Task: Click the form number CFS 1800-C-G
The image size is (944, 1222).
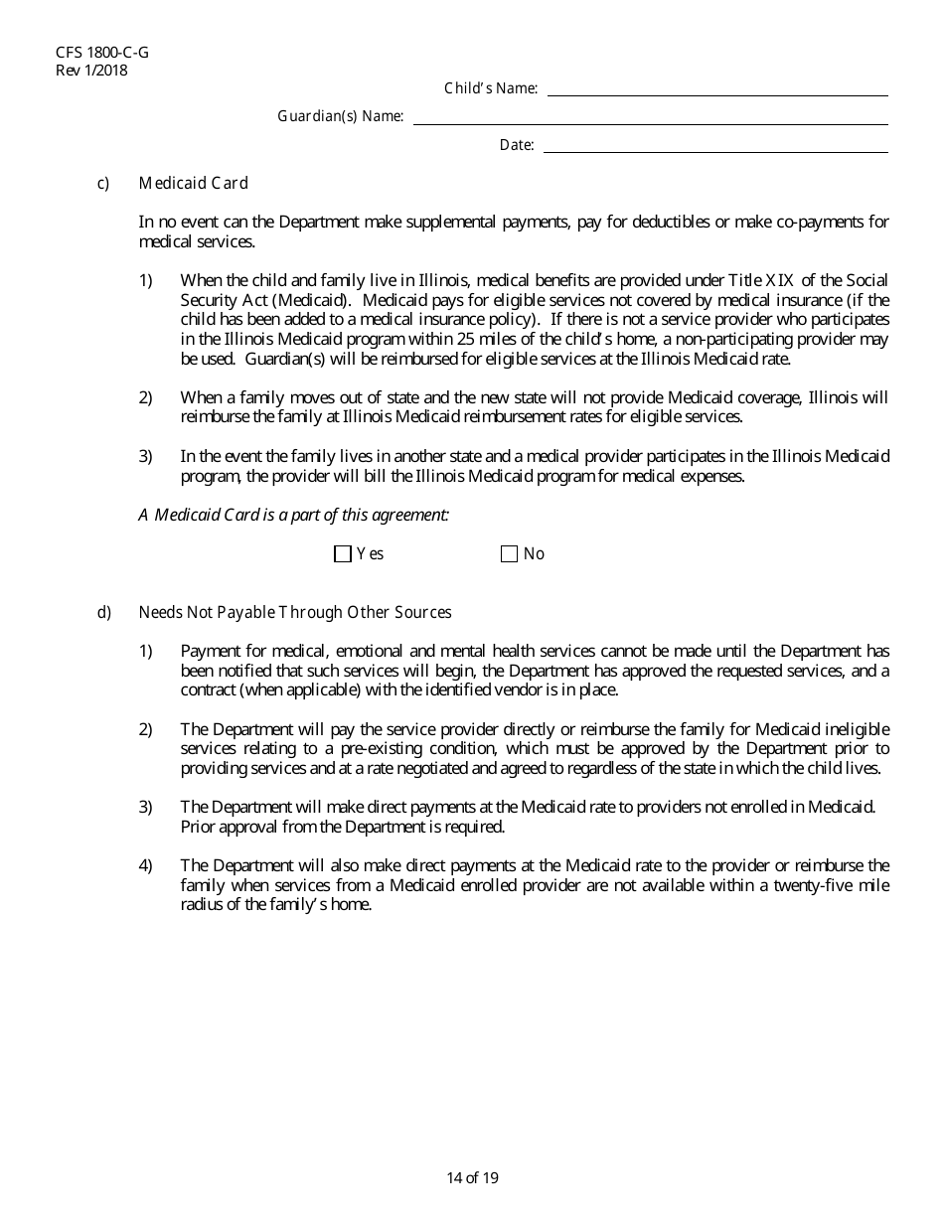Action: pos(96,54)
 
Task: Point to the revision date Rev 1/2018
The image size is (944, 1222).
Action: pos(92,71)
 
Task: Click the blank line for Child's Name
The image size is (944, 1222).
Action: pos(717,89)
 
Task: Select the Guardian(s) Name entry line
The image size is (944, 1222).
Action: pos(650,117)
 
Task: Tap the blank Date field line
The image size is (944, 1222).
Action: pos(715,146)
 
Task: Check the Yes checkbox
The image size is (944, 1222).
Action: pos(343,554)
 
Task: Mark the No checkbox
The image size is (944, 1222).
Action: pos(510,554)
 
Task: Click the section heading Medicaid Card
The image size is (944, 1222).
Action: pos(194,184)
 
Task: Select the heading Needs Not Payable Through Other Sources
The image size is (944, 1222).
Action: pos(295,613)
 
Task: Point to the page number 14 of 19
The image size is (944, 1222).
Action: pos(472,1178)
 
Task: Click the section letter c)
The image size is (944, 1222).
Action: pos(103,184)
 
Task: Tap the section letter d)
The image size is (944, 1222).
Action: pos(103,613)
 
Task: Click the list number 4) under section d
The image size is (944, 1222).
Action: pos(145,866)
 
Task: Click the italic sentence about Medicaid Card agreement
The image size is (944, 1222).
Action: pos(294,515)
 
